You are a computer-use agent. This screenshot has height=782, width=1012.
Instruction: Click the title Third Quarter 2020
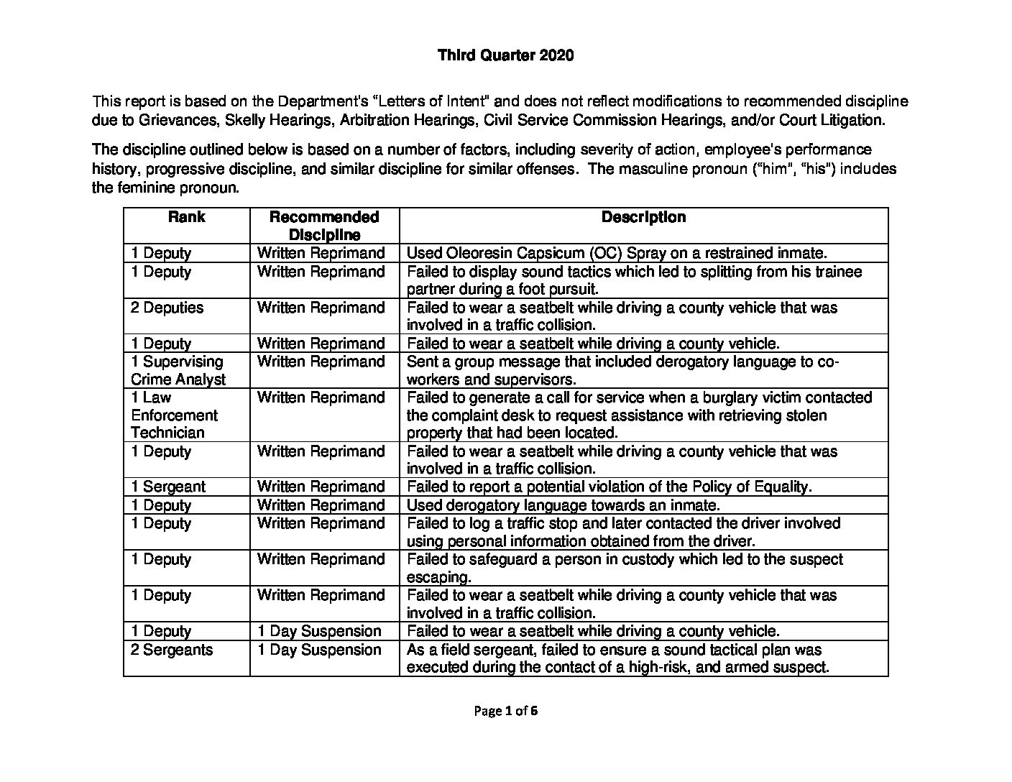click(x=505, y=55)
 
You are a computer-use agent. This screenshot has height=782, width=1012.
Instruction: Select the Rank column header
click(x=186, y=217)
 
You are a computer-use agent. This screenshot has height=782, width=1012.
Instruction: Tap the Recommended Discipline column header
click(x=324, y=226)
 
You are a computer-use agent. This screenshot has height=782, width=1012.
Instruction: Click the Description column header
click(x=643, y=217)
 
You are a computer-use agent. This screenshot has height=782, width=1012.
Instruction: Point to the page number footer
click(x=505, y=711)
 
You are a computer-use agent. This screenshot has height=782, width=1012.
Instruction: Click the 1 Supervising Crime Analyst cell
click(x=178, y=370)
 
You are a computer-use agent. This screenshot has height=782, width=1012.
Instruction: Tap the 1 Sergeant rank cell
click(x=168, y=487)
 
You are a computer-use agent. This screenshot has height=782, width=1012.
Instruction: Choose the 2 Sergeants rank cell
click(x=172, y=650)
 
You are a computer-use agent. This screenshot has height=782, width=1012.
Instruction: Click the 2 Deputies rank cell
click(x=167, y=308)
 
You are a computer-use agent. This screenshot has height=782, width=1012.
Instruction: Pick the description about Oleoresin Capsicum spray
click(x=617, y=253)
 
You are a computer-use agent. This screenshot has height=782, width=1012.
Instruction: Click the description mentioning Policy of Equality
click(x=609, y=487)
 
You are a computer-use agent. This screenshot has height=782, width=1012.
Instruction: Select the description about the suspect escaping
click(x=625, y=568)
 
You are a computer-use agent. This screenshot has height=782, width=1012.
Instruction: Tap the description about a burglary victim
click(x=639, y=415)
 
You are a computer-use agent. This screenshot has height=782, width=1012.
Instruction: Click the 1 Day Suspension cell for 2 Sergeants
click(x=319, y=650)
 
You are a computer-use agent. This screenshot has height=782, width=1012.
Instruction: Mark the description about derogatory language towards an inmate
click(x=563, y=505)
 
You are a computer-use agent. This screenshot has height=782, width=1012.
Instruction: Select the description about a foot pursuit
click(x=634, y=280)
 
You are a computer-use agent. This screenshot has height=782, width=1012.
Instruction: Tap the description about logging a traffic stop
click(x=623, y=532)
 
